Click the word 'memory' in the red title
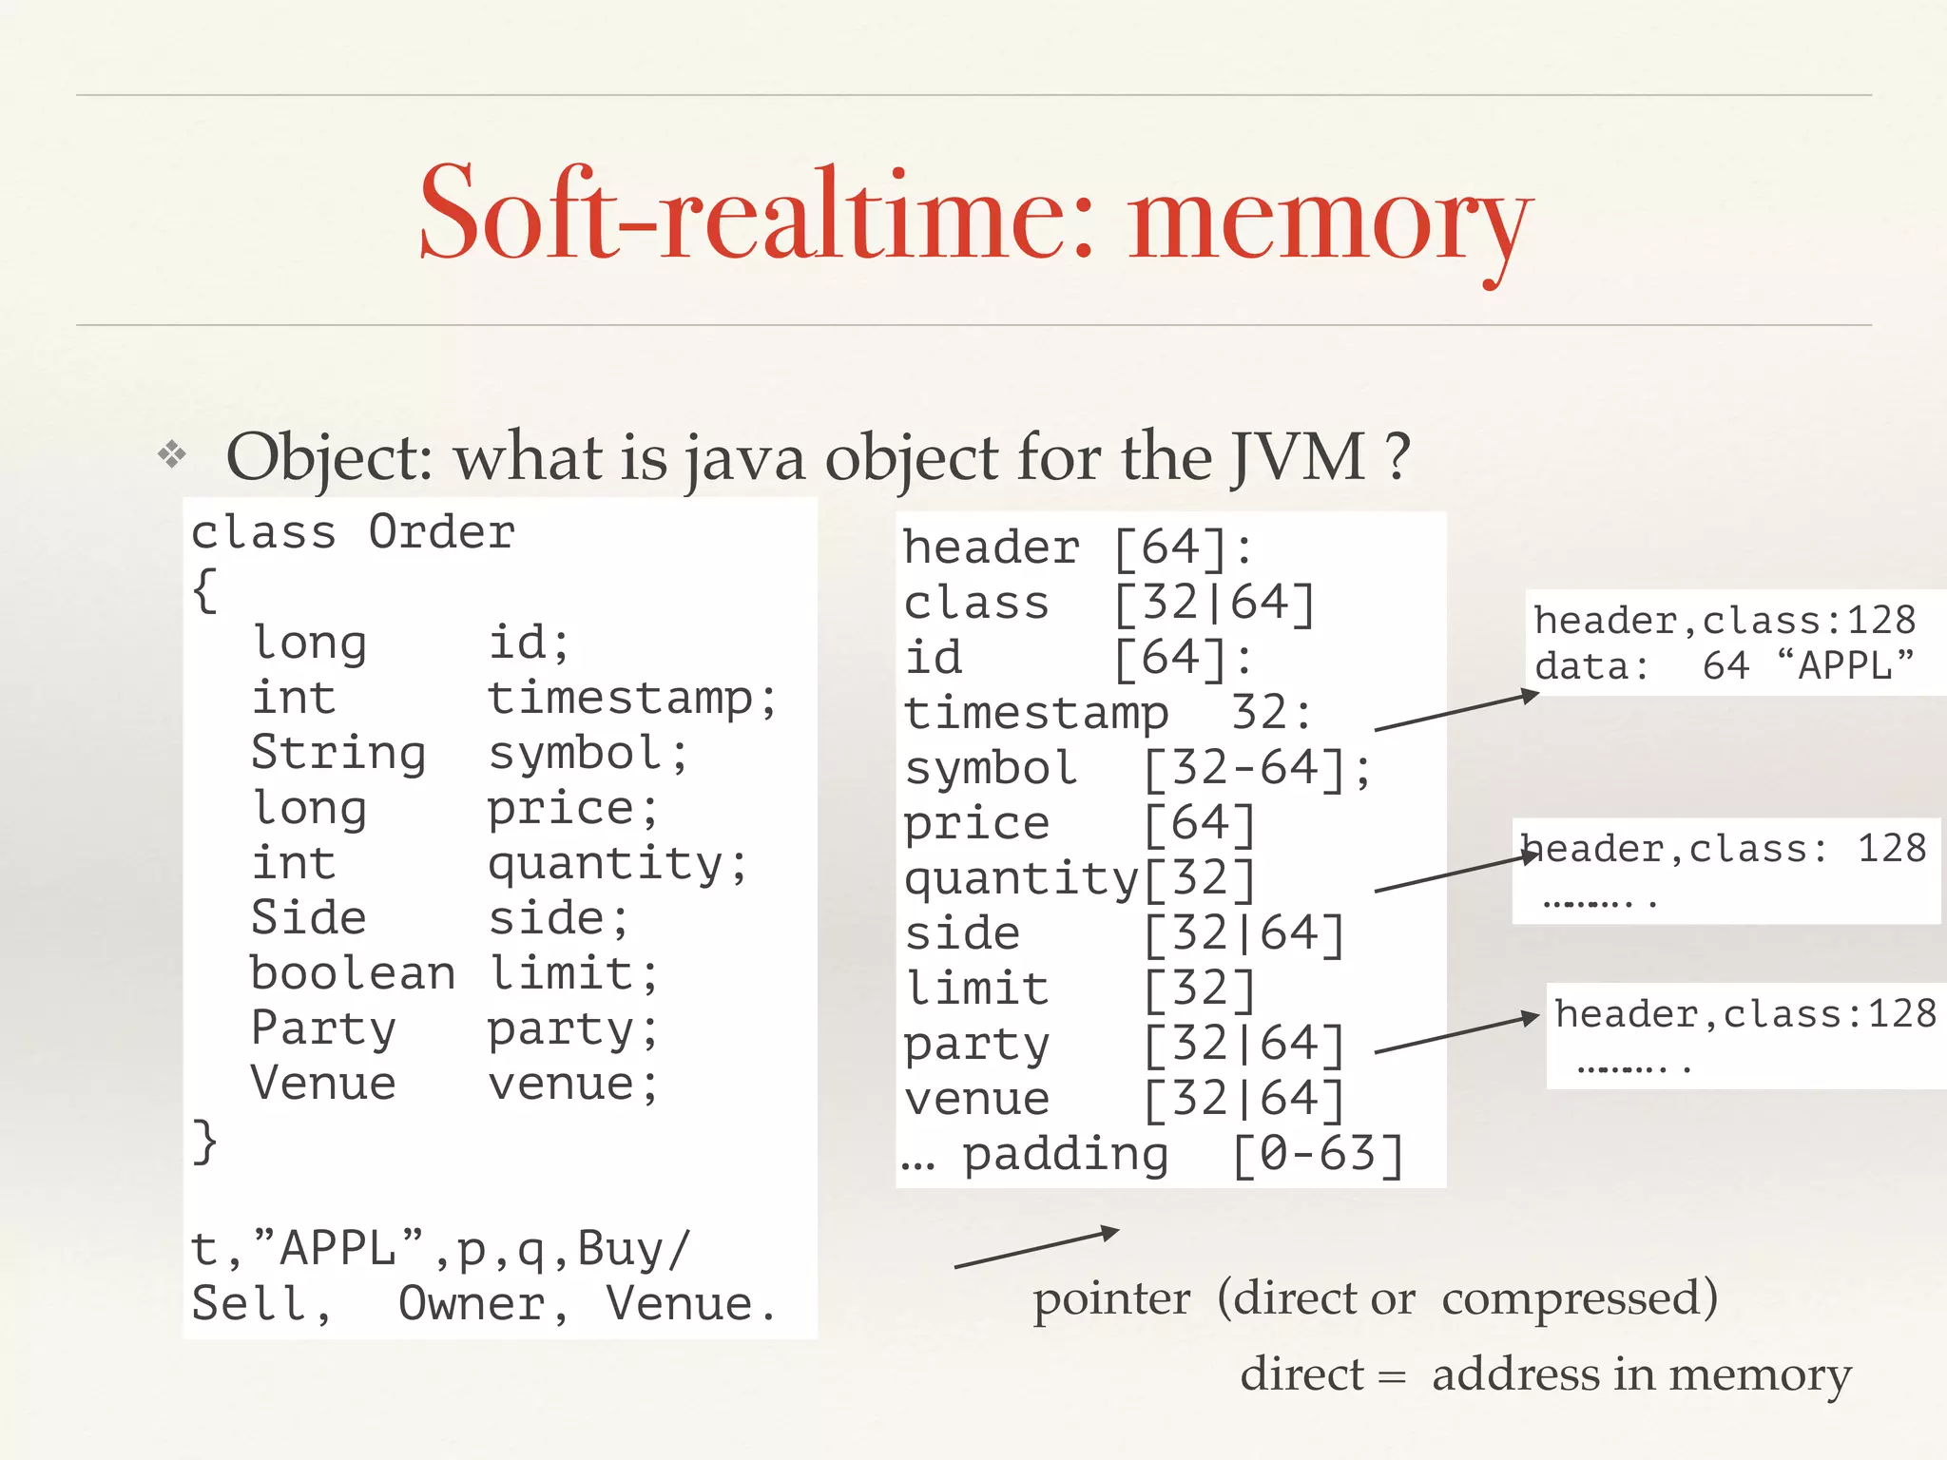coord(1331,223)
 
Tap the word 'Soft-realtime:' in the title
coord(756,214)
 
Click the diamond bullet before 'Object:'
coord(172,454)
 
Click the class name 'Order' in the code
coord(441,532)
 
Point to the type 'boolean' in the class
coord(352,973)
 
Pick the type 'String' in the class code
coord(337,753)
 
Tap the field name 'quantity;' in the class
coord(618,864)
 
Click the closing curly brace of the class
coord(204,1141)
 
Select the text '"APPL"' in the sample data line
coord(352,1248)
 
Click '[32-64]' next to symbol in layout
coord(1245,768)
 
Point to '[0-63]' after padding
coord(1318,1154)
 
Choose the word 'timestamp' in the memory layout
coord(1036,713)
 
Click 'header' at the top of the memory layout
coord(992,547)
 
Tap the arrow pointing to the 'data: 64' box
coord(1456,712)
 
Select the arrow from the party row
coord(1456,1034)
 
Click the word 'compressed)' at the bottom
coord(1579,1298)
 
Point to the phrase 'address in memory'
coord(1642,1374)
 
